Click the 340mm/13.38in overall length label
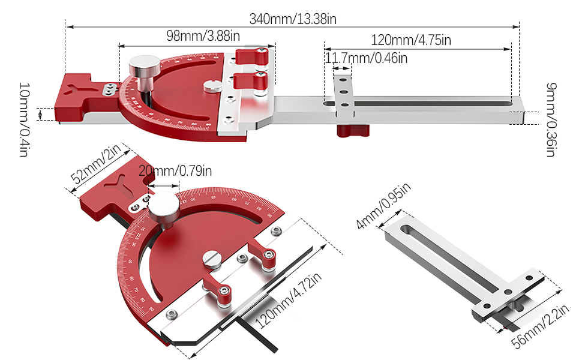pyautogui.click(x=293, y=19)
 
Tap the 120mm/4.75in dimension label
pyautogui.click(x=411, y=40)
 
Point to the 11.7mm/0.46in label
pyautogui.click(x=366, y=58)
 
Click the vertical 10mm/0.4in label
pyautogui.click(x=23, y=120)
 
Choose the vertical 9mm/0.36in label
pyautogui.click(x=550, y=119)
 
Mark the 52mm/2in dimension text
pyautogui.click(x=96, y=167)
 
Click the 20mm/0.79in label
pyautogui.click(x=175, y=172)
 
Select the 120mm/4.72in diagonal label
pyautogui.click(x=289, y=300)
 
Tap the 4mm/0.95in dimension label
pyautogui.click(x=384, y=206)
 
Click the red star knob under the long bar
pyautogui.click(x=351, y=130)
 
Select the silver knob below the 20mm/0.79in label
pyautogui.click(x=163, y=208)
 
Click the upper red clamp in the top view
pyautogui.click(x=251, y=56)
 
